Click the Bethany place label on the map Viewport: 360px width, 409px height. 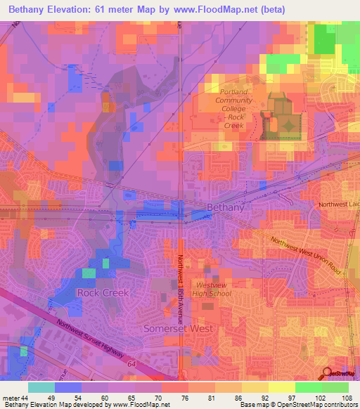tap(227, 207)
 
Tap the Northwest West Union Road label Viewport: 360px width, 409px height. tap(304, 254)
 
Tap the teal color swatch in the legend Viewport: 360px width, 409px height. tap(41, 387)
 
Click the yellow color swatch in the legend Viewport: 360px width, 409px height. tap(281, 387)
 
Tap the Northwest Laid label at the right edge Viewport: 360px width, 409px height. tap(338, 204)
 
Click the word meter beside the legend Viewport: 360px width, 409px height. tap(9, 398)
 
